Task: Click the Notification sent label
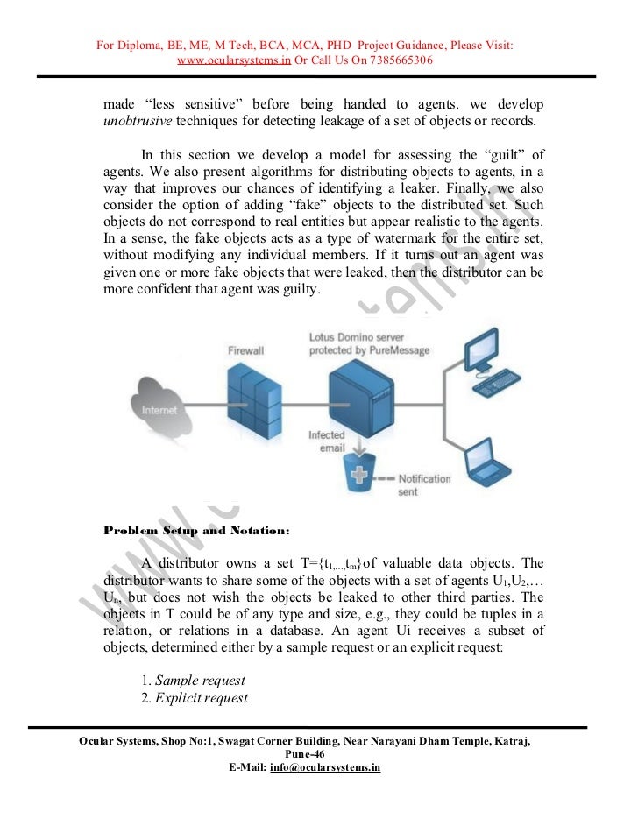point(424,486)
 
